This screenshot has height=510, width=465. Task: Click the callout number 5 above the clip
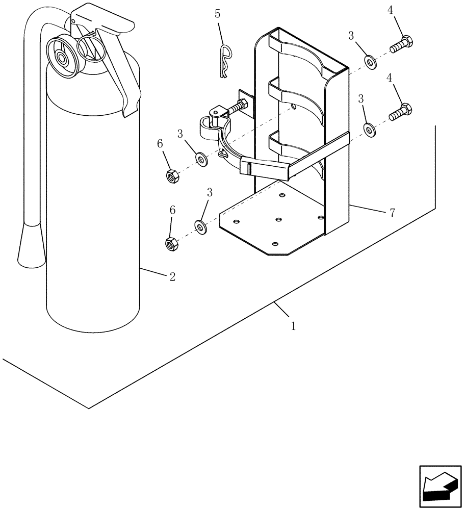click(x=218, y=14)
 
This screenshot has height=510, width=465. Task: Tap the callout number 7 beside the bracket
click(x=392, y=213)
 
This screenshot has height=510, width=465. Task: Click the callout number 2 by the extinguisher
click(x=172, y=277)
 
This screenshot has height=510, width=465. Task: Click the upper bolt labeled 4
click(x=402, y=44)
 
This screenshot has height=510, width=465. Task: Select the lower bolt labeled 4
click(x=401, y=112)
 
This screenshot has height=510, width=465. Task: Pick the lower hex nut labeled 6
click(x=171, y=244)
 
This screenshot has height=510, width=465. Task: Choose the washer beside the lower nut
click(x=200, y=226)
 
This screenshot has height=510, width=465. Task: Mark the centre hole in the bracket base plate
click(x=278, y=220)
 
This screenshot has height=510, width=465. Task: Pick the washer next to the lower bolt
click(x=370, y=129)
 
